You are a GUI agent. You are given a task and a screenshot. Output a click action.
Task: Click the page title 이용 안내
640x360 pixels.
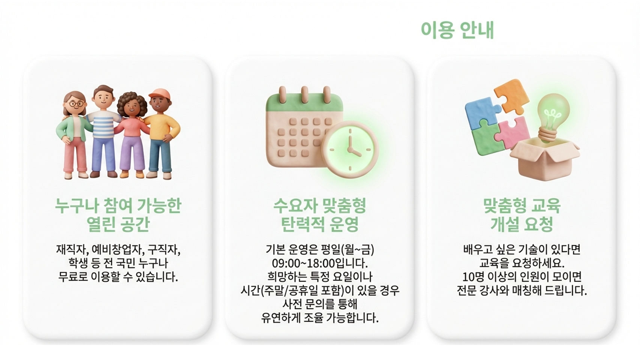(x=457, y=30)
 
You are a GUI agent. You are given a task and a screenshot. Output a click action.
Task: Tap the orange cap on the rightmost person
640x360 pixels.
(x=159, y=94)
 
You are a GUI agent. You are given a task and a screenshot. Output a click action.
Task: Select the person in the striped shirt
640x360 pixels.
(x=104, y=131)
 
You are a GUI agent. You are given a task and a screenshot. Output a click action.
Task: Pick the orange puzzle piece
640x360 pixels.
(x=511, y=96)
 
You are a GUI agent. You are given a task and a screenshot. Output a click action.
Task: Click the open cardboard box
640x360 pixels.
(x=544, y=159)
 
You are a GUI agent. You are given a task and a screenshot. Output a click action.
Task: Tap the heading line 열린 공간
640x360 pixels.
(x=118, y=224)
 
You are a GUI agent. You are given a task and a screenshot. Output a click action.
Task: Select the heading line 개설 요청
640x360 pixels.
(x=522, y=224)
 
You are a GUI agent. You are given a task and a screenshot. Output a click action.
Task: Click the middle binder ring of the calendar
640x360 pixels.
(x=304, y=94)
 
